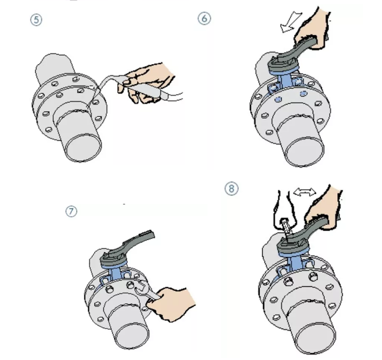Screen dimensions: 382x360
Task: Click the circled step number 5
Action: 36,20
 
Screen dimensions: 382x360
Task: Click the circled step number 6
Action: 204,19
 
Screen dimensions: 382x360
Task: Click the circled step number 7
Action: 72,212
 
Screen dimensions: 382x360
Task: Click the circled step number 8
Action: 231,189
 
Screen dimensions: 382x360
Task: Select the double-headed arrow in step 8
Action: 305,192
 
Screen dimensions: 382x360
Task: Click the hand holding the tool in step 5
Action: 146,83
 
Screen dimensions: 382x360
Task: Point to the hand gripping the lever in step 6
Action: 312,29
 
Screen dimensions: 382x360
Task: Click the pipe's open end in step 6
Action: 305,152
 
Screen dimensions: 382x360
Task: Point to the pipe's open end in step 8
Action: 316,340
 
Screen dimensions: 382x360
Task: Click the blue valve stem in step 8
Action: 294,263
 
